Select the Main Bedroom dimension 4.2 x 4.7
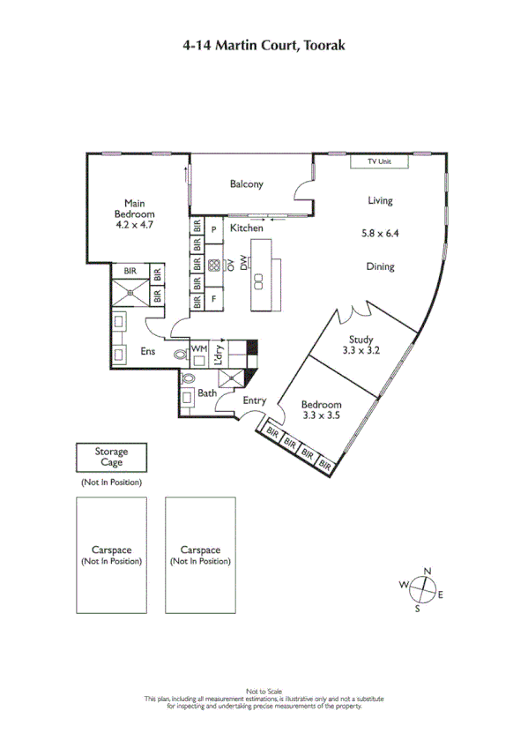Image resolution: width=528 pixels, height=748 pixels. [135, 225]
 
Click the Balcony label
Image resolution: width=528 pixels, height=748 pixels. [246, 184]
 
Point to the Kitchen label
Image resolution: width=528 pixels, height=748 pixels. [246, 228]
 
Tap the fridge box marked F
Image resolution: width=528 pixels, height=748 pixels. [213, 300]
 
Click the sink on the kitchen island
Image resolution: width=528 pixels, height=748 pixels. [260, 280]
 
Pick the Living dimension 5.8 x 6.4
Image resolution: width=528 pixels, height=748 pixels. [381, 234]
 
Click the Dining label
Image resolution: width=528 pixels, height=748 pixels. [381, 266]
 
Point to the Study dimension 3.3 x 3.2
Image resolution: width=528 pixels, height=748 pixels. [361, 350]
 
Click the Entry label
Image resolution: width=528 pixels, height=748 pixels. [255, 400]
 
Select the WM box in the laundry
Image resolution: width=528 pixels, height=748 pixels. [198, 350]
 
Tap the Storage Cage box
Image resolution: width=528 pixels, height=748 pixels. [111, 457]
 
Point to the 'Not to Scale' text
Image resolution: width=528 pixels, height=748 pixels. [264, 691]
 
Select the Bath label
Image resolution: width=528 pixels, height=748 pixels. [207, 393]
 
